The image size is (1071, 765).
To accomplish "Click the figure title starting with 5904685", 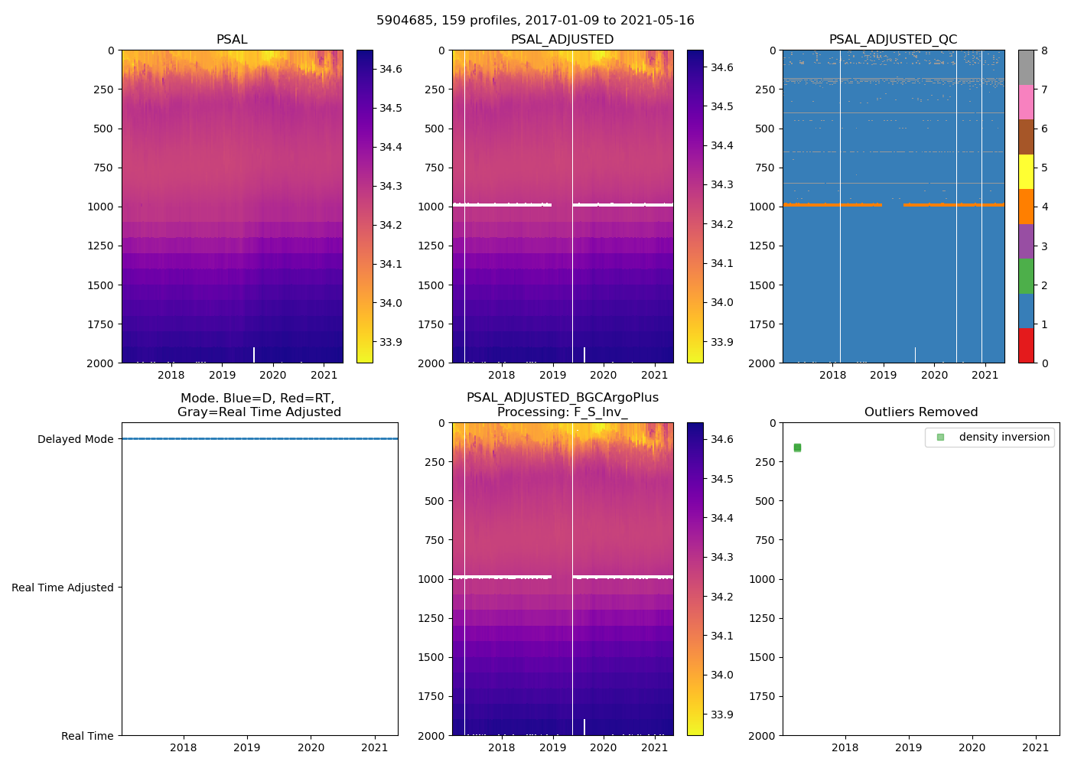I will pyautogui.click(x=535, y=21).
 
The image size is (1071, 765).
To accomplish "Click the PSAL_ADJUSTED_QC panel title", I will pyautogui.click(x=893, y=40).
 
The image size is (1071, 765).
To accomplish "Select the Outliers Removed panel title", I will pyautogui.click(x=920, y=412).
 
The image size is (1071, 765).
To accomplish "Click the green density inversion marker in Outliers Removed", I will pyautogui.click(x=797, y=448).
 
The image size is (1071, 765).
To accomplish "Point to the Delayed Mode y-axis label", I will pyautogui.click(x=75, y=439).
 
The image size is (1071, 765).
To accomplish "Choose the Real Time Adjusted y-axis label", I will pyautogui.click(x=63, y=588).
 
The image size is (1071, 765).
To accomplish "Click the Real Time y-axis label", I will pyautogui.click(x=87, y=736).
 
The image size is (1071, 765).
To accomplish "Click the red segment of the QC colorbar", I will pyautogui.click(x=1026, y=346).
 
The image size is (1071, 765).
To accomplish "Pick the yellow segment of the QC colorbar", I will pyautogui.click(x=1026, y=172).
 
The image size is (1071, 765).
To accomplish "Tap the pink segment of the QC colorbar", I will pyautogui.click(x=1026, y=103).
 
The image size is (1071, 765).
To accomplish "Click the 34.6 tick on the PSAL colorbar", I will pyautogui.click(x=391, y=69).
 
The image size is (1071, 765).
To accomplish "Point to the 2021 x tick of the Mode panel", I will pyautogui.click(x=375, y=747).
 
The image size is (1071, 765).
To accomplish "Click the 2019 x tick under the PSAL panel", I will pyautogui.click(x=223, y=375).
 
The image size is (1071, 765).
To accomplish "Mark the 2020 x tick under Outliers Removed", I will pyautogui.click(x=972, y=747).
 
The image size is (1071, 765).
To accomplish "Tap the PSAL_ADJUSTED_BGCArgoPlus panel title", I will pyautogui.click(x=562, y=405).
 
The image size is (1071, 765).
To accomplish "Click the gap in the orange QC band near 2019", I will pyautogui.click(x=893, y=205).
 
